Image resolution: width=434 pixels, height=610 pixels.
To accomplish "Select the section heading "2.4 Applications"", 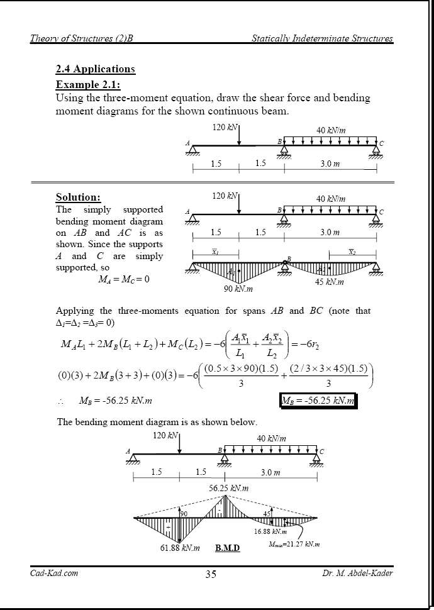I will point(96,69).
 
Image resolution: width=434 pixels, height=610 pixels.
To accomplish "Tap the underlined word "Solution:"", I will point(78,197).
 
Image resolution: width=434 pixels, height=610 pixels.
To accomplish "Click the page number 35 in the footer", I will point(211,574).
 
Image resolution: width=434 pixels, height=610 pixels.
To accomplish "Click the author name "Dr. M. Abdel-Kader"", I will point(357,573).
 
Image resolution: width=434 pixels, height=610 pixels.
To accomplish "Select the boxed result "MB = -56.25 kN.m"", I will point(318,401).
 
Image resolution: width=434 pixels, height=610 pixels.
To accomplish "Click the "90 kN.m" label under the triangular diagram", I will point(238,289).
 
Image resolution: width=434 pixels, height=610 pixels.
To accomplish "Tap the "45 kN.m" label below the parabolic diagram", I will point(329,282).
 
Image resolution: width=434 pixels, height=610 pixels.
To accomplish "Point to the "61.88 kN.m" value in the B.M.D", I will point(180,548).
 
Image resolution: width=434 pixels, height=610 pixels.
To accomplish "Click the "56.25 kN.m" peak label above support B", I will point(229,488).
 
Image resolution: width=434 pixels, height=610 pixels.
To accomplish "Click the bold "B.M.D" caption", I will point(227,548).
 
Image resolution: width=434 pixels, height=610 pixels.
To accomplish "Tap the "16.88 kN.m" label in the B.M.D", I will point(270,531).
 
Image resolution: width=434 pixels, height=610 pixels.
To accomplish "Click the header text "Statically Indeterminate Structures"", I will point(322,39).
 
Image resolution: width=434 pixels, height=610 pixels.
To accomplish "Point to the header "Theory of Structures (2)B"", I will point(82,39).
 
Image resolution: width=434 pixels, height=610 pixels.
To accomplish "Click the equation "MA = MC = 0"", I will point(123,279).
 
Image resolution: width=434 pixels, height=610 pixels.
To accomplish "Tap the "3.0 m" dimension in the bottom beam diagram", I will point(272,472).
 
